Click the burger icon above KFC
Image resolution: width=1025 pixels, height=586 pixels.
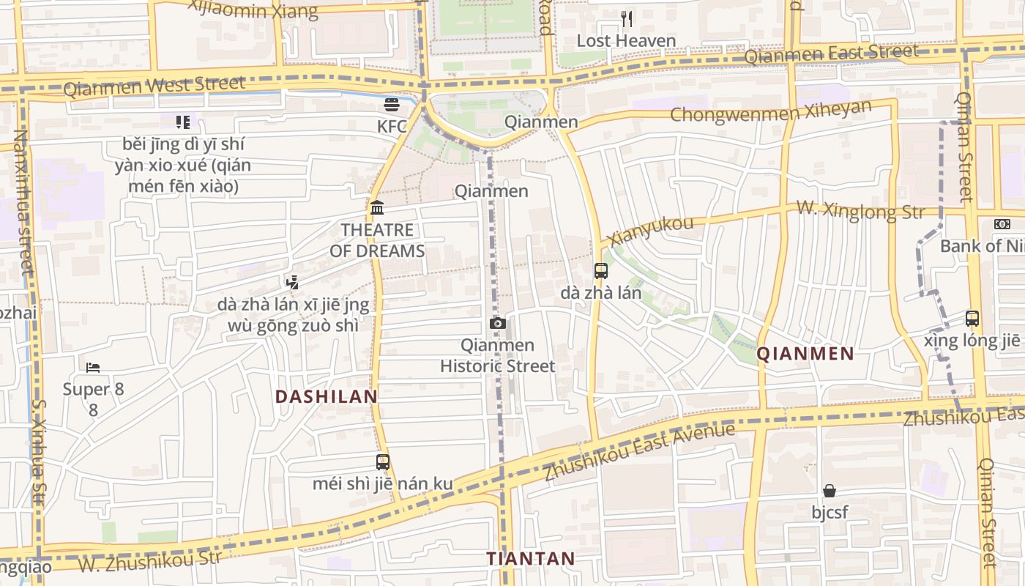click(392, 105)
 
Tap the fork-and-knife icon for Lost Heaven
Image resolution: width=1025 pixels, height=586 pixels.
click(626, 18)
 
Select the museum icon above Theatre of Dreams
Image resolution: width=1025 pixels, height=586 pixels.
click(377, 207)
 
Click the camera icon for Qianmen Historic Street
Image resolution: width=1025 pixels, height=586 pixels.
click(497, 323)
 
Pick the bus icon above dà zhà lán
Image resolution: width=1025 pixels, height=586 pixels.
click(601, 271)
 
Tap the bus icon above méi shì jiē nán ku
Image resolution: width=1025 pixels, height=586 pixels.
click(383, 462)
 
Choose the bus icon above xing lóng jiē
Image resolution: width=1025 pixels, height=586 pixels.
click(972, 319)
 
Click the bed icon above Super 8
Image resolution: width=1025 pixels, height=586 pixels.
click(93, 367)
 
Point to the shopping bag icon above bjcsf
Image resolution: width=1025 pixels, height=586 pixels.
click(830, 490)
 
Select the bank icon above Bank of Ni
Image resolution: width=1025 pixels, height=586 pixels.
click(1002, 224)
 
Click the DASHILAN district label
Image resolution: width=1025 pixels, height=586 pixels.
click(327, 397)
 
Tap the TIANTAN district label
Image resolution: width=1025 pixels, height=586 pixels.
click(531, 559)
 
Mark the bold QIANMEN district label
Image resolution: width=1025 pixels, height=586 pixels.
click(805, 355)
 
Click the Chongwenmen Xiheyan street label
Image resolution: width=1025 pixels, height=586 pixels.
click(771, 112)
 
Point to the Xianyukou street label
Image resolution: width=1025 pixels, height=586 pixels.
click(650, 231)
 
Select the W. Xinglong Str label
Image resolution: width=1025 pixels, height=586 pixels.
click(860, 210)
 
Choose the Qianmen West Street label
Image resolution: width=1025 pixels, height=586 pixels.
click(154, 86)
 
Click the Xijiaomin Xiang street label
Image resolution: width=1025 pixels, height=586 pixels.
click(253, 10)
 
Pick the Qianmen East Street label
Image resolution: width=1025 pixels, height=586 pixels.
click(831, 53)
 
